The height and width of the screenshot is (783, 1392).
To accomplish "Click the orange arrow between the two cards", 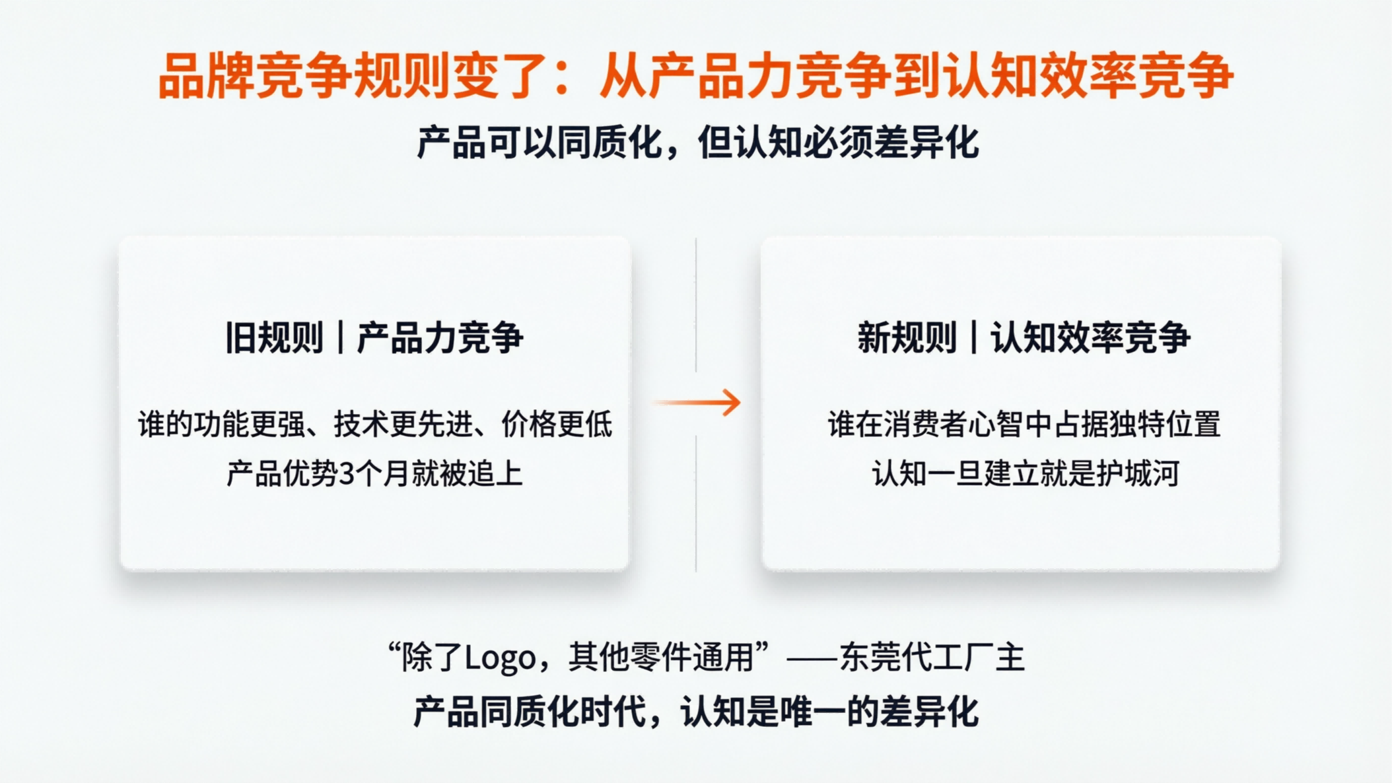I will tap(699, 402).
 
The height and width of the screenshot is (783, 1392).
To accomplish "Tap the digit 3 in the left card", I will tap(347, 474).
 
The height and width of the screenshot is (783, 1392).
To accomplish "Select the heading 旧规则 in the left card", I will tap(274, 338).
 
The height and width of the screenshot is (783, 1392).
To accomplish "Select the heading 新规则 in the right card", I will tap(907, 338).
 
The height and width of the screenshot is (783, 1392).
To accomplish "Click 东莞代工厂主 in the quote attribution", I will tap(932, 658).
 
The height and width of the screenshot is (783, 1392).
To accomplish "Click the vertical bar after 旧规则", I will tap(340, 338).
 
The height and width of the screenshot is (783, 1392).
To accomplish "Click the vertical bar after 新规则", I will tap(973, 338).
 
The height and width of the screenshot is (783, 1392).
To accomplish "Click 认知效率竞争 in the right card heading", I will tap(1091, 338).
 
